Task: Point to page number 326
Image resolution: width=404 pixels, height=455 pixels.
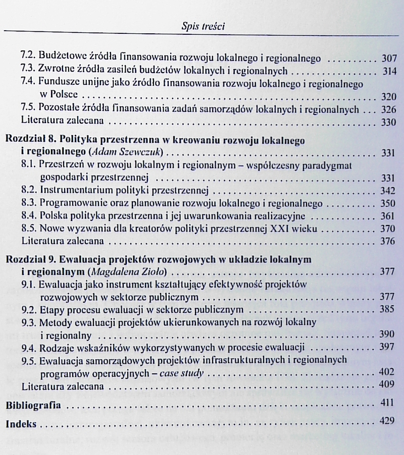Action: (389, 109)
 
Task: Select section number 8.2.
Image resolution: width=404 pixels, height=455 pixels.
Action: (29, 191)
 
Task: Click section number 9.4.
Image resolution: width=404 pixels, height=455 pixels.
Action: (29, 347)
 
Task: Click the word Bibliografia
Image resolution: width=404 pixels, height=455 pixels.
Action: (33, 405)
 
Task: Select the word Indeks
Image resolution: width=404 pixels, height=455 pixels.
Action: (22, 424)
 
